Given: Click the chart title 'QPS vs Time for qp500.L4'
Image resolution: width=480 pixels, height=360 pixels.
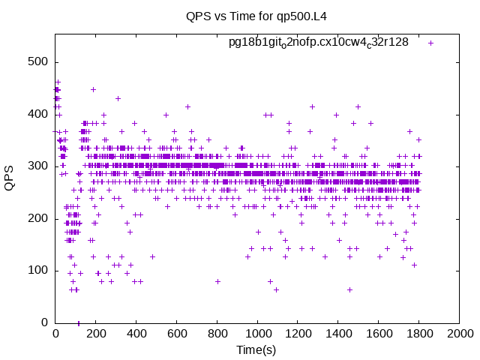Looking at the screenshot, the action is [x=256, y=16].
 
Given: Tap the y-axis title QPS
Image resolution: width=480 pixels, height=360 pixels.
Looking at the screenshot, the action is [x=9, y=178].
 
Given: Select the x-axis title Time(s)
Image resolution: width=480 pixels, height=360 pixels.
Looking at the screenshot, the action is [x=256, y=349].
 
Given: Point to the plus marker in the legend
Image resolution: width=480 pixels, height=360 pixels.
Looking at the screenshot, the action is [x=430, y=43].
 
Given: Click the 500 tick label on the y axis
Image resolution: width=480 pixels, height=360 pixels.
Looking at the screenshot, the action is [x=38, y=61].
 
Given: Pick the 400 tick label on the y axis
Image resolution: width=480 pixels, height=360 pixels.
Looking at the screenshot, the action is [x=38, y=115].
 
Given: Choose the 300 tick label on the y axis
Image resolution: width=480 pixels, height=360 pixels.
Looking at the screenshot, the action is [x=38, y=166].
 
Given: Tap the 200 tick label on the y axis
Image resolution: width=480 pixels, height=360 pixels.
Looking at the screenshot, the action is [x=38, y=218].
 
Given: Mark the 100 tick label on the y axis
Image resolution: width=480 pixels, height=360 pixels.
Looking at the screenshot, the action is [x=38, y=271].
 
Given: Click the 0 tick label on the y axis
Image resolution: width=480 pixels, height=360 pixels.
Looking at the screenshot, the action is [x=45, y=322].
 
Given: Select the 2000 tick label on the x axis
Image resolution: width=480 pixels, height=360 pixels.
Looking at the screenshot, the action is [x=460, y=333].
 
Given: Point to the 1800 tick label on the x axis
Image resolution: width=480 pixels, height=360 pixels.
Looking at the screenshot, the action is [x=420, y=333].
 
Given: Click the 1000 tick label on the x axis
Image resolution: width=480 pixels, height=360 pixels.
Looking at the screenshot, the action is [x=258, y=333].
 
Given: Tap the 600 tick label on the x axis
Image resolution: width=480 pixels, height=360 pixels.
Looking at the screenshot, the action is [x=177, y=333].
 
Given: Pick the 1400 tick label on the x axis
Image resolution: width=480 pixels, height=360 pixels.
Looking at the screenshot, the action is [x=339, y=333].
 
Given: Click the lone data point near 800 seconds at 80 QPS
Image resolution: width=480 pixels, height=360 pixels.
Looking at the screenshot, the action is [x=217, y=281].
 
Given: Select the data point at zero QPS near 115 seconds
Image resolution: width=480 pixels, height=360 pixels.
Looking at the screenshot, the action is [x=79, y=323].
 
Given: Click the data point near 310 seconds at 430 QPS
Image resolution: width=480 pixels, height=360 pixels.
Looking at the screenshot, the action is [x=118, y=98].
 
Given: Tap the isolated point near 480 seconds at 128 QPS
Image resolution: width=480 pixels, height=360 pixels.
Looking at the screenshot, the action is [x=152, y=256].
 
